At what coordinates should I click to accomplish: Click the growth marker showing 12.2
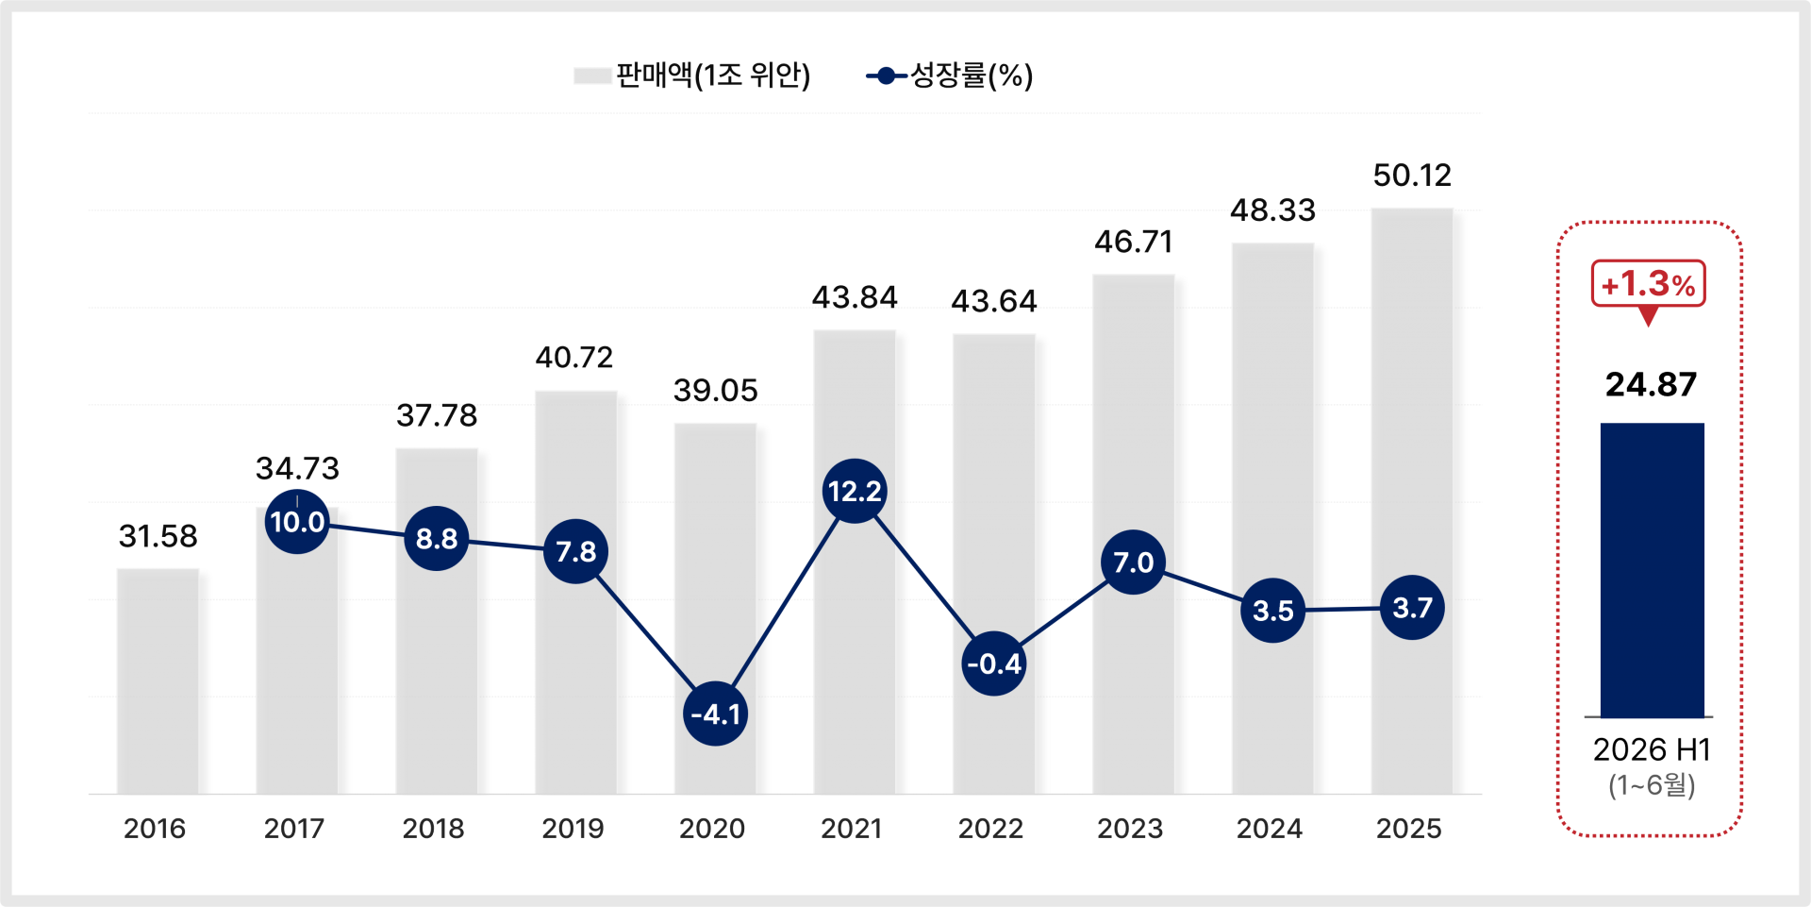point(855,491)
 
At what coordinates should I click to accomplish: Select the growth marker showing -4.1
point(715,714)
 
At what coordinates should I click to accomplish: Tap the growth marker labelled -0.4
point(994,663)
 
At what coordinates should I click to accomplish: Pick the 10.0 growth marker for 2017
point(297,521)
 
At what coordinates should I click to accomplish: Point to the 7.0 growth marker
point(1133,562)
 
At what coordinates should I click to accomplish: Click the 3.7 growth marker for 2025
point(1412,607)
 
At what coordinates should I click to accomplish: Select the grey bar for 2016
point(158,681)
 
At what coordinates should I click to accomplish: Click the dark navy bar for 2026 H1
point(1652,570)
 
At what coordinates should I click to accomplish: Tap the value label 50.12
point(1412,175)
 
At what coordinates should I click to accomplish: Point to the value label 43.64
point(994,301)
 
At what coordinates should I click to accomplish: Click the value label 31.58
point(158,536)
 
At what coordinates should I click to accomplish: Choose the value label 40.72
point(574,357)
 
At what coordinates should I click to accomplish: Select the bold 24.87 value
point(1652,384)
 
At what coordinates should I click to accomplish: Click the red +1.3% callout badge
point(1649,284)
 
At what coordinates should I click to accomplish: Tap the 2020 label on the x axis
point(712,829)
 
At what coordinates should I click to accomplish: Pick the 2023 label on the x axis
point(1130,829)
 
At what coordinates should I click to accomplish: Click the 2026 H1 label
point(1652,749)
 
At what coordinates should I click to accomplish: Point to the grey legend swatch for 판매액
point(592,76)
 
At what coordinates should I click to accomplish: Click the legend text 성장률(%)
point(972,76)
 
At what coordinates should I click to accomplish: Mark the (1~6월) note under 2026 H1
point(1652,785)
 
